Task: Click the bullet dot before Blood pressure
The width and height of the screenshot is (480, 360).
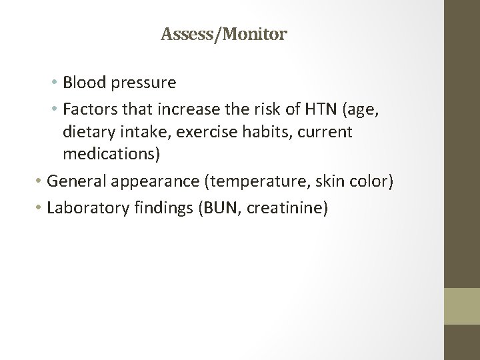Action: (x=53, y=83)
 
